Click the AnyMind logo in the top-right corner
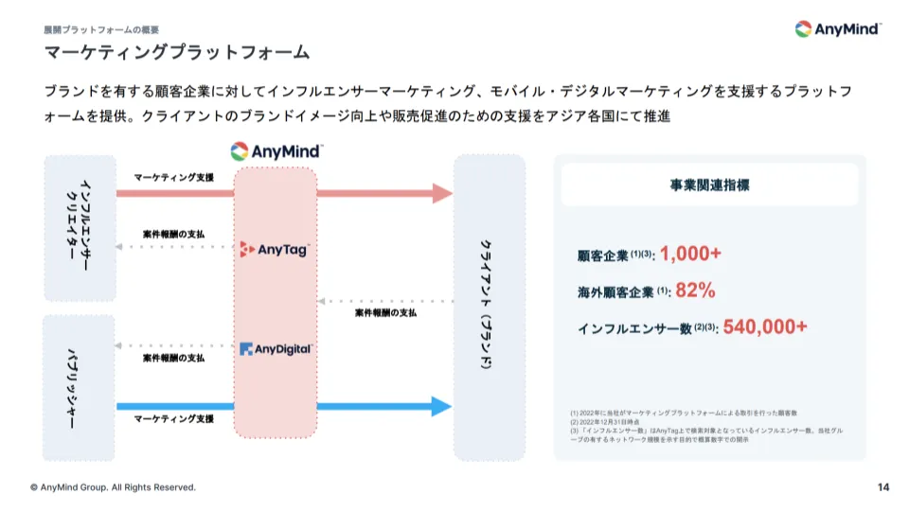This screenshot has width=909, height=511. click(838, 29)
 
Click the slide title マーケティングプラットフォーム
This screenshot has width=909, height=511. click(177, 52)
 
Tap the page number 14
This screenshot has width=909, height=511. click(883, 487)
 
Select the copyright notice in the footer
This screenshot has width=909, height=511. click(113, 487)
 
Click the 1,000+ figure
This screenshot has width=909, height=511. click(690, 254)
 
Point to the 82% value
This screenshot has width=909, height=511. click(695, 291)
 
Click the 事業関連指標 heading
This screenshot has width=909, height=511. click(709, 185)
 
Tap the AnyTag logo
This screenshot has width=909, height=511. click(274, 250)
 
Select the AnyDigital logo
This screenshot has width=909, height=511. click(276, 349)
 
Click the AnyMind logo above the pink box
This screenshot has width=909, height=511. click(276, 151)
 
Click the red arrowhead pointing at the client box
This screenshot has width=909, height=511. click(442, 194)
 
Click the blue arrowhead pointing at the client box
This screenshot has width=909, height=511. click(442, 407)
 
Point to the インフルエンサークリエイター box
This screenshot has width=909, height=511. click(80, 229)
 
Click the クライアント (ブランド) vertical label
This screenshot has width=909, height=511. click(489, 308)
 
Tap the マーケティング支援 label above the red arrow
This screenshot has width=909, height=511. click(173, 178)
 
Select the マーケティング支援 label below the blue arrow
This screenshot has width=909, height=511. click(173, 419)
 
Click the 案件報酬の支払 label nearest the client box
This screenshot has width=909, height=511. click(385, 312)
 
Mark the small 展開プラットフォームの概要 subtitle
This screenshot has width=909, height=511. click(101, 29)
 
